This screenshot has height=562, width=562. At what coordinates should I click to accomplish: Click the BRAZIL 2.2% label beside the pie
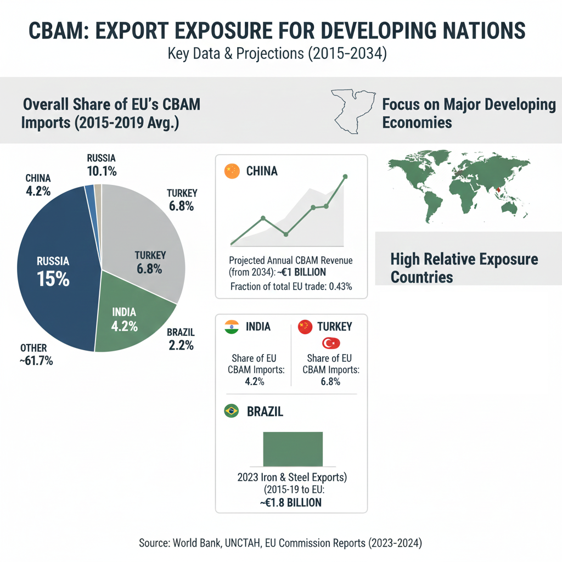tap(181, 339)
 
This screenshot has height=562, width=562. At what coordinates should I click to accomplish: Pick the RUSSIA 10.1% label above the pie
tap(101, 165)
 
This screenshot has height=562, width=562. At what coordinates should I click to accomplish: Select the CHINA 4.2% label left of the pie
tap(38, 185)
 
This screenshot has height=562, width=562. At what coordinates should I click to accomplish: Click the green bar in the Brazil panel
tap(293, 449)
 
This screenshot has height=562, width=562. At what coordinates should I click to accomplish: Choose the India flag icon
tap(232, 328)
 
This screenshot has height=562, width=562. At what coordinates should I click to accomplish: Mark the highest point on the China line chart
tap(345, 177)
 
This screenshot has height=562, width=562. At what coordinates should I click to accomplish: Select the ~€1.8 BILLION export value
tap(291, 502)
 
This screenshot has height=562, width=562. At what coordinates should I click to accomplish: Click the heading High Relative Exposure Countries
tap(464, 267)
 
